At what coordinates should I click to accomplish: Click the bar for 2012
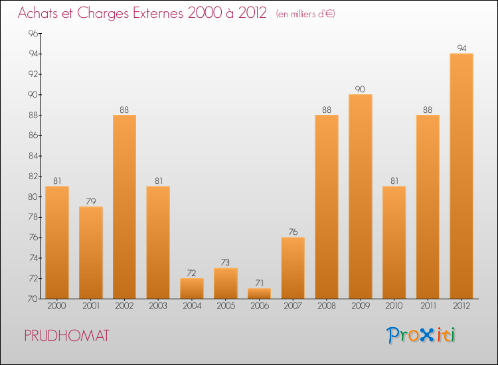click(x=461, y=176)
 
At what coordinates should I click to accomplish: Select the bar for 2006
click(x=259, y=293)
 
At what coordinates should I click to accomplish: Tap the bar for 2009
click(x=361, y=196)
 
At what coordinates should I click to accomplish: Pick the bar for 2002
click(x=124, y=206)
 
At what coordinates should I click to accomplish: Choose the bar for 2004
click(x=192, y=288)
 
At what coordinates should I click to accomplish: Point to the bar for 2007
click(x=293, y=267)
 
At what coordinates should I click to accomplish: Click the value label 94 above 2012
click(x=461, y=48)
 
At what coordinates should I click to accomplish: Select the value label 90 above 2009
click(x=361, y=90)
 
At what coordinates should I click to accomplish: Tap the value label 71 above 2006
click(x=259, y=283)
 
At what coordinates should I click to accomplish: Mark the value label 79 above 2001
click(x=91, y=202)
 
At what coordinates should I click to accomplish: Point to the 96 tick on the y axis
click(x=33, y=33)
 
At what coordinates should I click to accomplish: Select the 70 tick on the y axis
click(x=33, y=299)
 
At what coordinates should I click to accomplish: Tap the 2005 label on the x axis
click(x=226, y=306)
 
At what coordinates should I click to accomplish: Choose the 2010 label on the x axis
click(x=394, y=306)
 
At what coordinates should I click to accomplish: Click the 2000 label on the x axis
click(x=57, y=306)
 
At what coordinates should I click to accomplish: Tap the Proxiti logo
click(x=422, y=335)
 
